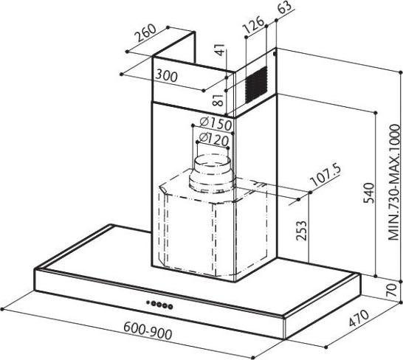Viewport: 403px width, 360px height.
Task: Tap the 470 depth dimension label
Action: pyautogui.click(x=359, y=319)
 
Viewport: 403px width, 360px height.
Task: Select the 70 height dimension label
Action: pyautogui.click(x=391, y=291)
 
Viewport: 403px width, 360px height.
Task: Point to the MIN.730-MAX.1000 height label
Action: pyautogui.click(x=395, y=182)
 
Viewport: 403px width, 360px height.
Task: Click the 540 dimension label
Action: pyautogui.click(x=369, y=193)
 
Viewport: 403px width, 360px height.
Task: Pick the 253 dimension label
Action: pyautogui.click(x=301, y=230)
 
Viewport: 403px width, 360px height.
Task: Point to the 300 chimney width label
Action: pyautogui.click(x=166, y=76)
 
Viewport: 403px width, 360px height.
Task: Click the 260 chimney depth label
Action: pyautogui.click(x=145, y=33)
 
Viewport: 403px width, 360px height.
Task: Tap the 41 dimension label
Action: pyautogui.click(x=220, y=50)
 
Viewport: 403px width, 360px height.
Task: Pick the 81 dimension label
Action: pyautogui.click(x=218, y=100)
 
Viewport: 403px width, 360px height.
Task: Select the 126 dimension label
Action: pyautogui.click(x=253, y=24)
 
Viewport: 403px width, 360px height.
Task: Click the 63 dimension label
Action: pyautogui.click(x=284, y=7)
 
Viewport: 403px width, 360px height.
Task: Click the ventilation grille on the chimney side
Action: pyautogui.click(x=256, y=84)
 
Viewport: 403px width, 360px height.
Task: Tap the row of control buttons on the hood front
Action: pyautogui.click(x=159, y=305)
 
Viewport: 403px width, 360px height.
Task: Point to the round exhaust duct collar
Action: pyautogui.click(x=212, y=173)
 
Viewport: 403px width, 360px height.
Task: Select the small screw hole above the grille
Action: pyautogui.click(x=275, y=54)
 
